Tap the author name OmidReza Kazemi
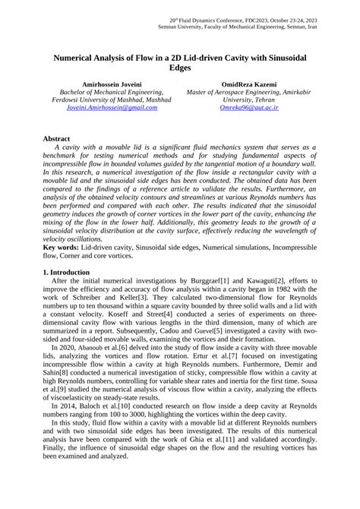click(x=248, y=84)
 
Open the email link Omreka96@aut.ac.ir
click(x=248, y=108)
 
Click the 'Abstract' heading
click(x=57, y=139)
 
